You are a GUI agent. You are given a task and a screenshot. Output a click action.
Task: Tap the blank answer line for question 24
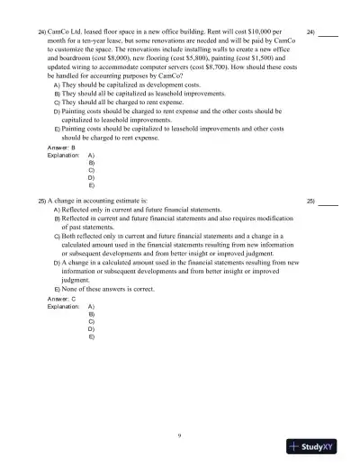click(328, 33)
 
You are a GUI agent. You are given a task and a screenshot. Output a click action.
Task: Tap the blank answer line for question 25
click(328, 202)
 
